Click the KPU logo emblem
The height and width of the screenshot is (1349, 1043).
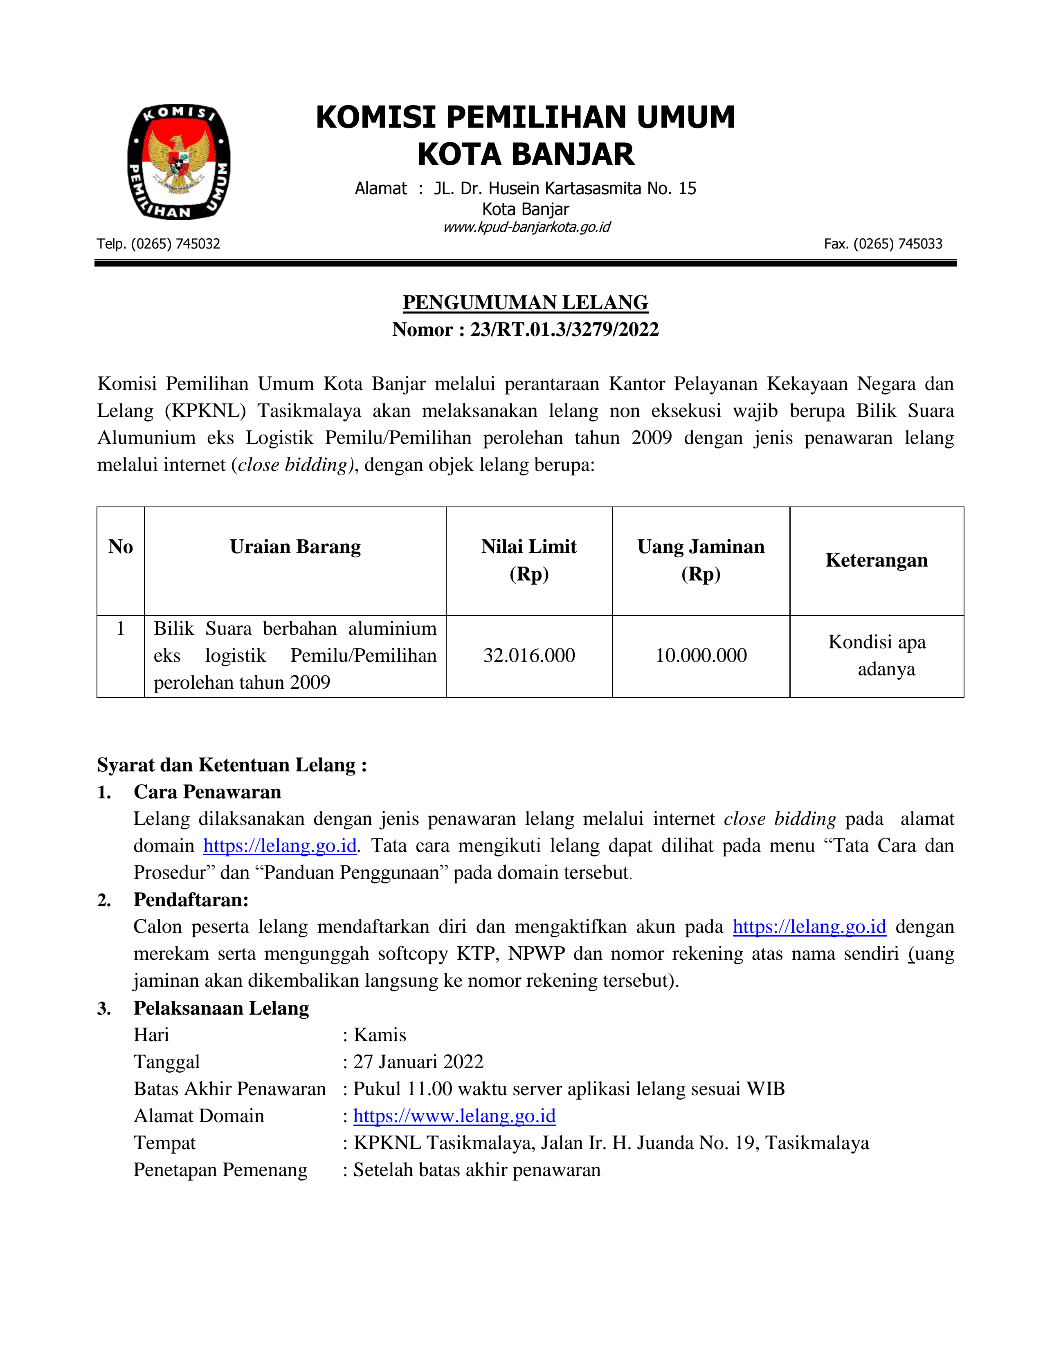pyautogui.click(x=179, y=162)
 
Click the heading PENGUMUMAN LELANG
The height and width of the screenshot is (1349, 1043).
pyautogui.click(x=525, y=303)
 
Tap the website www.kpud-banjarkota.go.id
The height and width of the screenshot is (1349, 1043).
pyautogui.click(x=526, y=227)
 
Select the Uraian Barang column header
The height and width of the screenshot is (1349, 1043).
pyautogui.click(x=295, y=547)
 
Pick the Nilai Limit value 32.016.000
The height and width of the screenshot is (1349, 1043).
pyautogui.click(x=529, y=655)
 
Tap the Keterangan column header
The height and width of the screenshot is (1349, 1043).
pyautogui.click(x=876, y=560)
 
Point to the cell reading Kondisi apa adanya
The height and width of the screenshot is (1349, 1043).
pyautogui.click(x=877, y=655)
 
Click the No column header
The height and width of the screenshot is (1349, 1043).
pyautogui.click(x=121, y=547)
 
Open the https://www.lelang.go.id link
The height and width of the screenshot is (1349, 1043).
pyautogui.click(x=454, y=1116)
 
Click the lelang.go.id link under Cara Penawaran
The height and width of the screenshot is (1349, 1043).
pyautogui.click(x=280, y=846)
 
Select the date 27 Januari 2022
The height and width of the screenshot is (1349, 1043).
pyautogui.click(x=418, y=1062)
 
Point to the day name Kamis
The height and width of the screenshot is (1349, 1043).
pyautogui.click(x=380, y=1035)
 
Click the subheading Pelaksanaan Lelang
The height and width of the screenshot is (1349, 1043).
pyautogui.click(x=221, y=1008)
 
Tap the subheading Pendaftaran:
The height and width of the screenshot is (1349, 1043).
pyautogui.click(x=191, y=900)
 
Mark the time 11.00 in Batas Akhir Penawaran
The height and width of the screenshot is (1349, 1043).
pyautogui.click(x=429, y=1089)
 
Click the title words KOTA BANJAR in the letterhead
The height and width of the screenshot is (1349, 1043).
pyautogui.click(x=526, y=155)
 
